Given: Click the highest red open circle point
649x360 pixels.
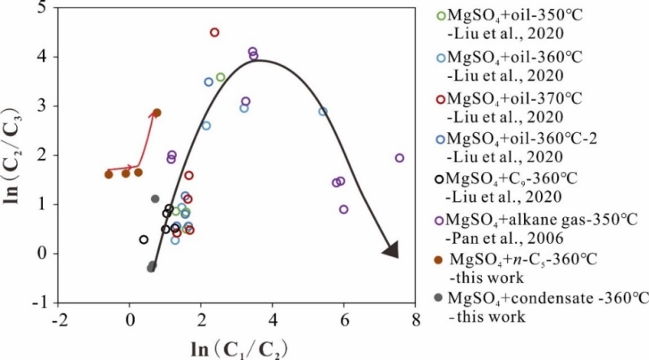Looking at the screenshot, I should (x=215, y=32).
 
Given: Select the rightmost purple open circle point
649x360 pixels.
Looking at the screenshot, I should (x=399, y=158).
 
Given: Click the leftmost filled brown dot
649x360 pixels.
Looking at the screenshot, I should (x=109, y=174).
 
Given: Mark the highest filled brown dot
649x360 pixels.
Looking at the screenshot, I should (x=157, y=113).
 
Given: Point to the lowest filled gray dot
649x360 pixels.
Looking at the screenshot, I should (x=151, y=267).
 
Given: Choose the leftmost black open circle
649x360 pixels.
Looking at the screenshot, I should (x=144, y=239).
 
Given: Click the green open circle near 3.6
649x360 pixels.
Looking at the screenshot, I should (x=221, y=77).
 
